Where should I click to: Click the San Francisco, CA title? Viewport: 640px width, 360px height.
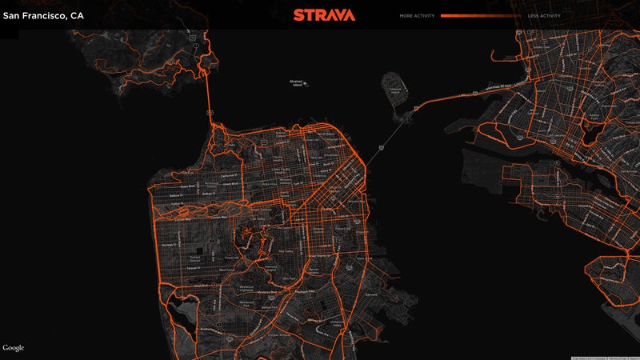(x=43, y=14)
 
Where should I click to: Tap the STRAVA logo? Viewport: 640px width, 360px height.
(x=320, y=14)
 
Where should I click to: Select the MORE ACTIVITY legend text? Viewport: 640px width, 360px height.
(x=417, y=15)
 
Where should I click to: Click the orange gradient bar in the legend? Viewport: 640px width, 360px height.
(x=480, y=15)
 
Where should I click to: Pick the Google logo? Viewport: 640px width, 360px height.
(x=14, y=348)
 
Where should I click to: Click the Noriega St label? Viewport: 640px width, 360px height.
(x=171, y=244)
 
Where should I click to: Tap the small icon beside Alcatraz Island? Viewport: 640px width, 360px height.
(x=306, y=84)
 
